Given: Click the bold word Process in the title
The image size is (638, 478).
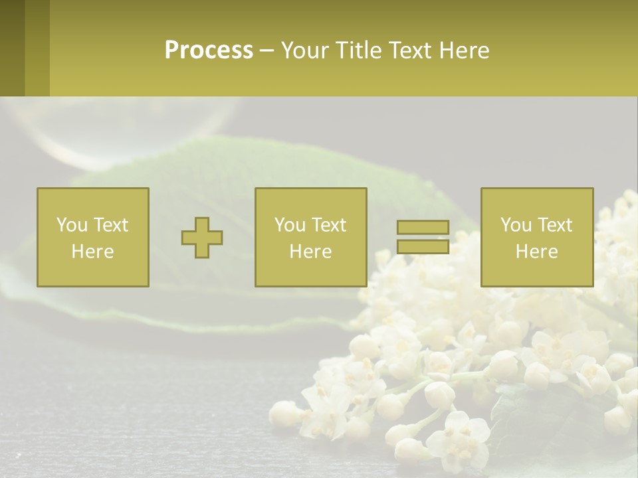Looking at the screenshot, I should click(x=209, y=50).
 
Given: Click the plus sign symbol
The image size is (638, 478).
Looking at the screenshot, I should click(x=202, y=238).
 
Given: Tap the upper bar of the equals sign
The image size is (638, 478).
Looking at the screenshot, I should click(x=423, y=228).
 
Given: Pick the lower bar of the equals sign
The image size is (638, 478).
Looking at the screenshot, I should click(x=423, y=246).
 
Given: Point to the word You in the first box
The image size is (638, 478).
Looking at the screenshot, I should click(x=72, y=225).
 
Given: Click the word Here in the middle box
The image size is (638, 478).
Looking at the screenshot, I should click(x=311, y=252).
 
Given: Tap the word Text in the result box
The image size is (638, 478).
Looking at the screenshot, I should click(x=558, y=225).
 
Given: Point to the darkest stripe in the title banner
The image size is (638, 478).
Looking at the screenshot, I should click(x=12, y=48).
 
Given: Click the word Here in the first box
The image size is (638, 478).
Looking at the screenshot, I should click(x=93, y=252).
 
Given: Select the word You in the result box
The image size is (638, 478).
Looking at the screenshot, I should click(x=516, y=225).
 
